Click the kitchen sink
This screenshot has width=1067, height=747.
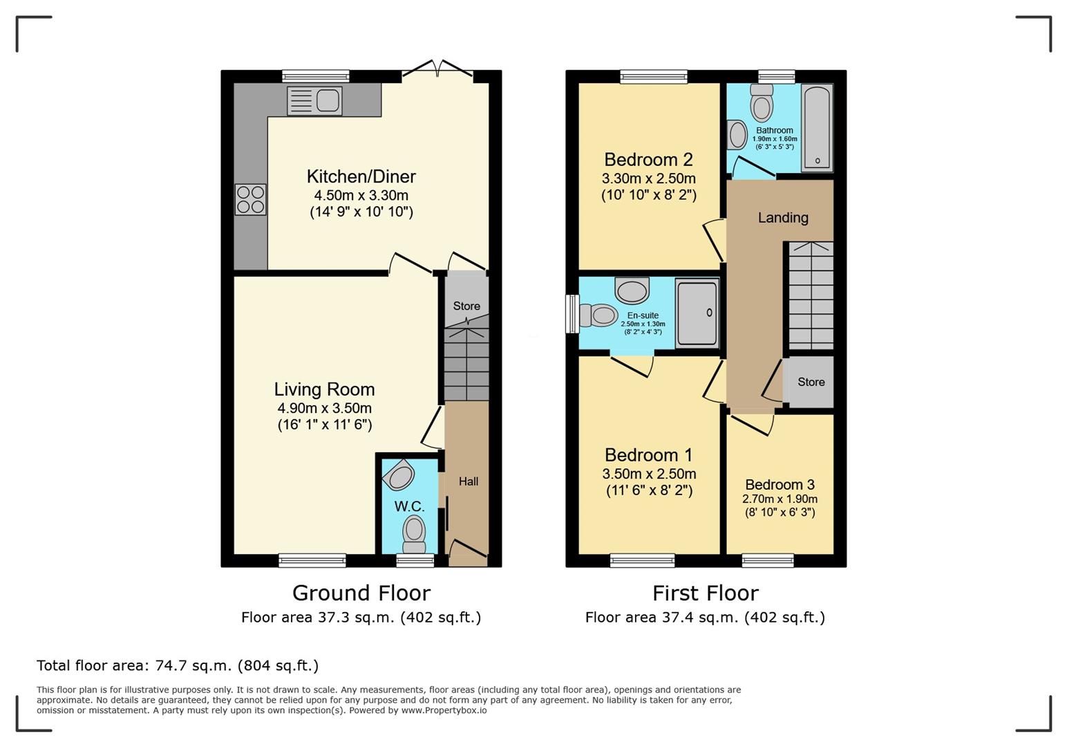coord(314,100)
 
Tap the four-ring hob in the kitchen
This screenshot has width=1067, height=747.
coord(251,199)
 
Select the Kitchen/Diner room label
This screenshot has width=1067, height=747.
coord(361,176)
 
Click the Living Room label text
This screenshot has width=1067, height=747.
coord(324,389)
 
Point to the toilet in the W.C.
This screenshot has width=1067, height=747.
coord(414,536)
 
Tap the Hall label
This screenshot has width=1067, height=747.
coord(469,481)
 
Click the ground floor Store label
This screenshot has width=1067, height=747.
coord(466,306)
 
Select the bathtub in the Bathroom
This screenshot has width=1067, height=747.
coord(817,128)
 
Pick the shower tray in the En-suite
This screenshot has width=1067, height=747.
coord(697,313)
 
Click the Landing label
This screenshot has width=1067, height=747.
coord(783,218)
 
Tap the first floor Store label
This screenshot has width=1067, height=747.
coord(811,382)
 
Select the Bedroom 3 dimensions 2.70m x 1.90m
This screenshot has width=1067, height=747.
coord(780,499)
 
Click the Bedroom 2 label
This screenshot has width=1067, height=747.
coord(648,159)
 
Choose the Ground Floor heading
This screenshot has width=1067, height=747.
coord(361,593)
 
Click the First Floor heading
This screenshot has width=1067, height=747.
coord(706,593)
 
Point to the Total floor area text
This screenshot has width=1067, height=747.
coord(178,665)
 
